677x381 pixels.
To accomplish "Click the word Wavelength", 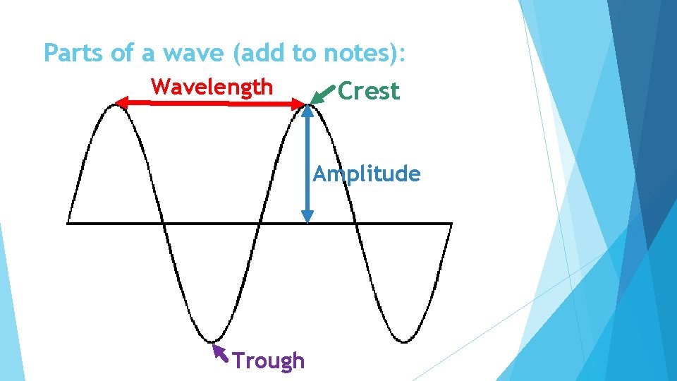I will click(x=212, y=87).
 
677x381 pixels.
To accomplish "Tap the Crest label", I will click(x=368, y=91).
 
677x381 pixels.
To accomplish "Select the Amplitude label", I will click(x=367, y=174).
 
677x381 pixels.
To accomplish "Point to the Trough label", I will click(x=269, y=361).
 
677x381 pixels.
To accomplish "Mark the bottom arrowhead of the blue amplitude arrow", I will click(x=307, y=217).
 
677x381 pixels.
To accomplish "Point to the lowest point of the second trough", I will click(x=403, y=341).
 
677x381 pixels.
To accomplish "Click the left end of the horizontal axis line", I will click(x=68, y=224).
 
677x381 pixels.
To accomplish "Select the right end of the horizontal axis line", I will click(x=451, y=224).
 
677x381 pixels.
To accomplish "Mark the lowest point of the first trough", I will click(x=209, y=341).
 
